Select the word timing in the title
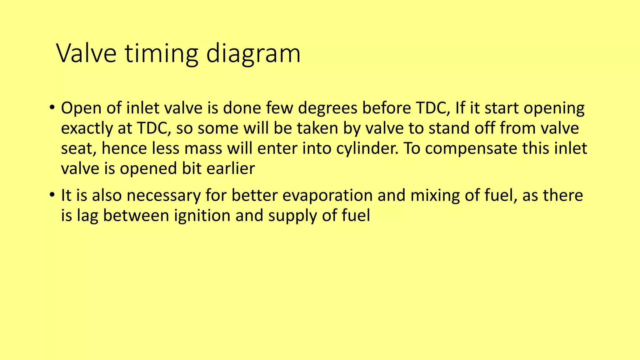pos(162,53)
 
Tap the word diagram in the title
pos(253,53)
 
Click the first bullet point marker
pos(52,108)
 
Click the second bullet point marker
pos(52,195)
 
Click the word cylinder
pos(367,149)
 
